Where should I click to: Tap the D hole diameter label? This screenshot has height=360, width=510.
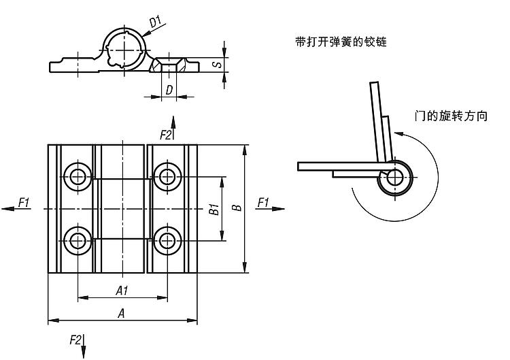point(169,90)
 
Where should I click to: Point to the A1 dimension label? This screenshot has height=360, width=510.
point(122,291)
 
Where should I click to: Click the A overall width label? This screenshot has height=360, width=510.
point(122,313)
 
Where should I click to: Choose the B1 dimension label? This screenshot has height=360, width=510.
point(213,209)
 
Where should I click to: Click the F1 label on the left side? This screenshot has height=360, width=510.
point(24,201)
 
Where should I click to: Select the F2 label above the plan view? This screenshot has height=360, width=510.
point(165,135)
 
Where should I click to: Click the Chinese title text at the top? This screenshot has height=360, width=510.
point(341,42)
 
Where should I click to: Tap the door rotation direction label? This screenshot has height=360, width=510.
point(452,116)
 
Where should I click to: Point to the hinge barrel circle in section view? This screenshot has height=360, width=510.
point(125,48)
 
